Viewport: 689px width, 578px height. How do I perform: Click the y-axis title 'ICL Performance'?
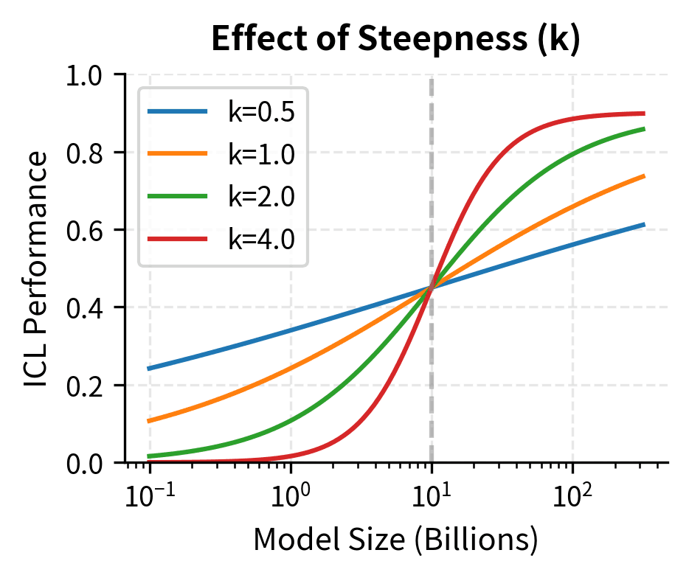point(37,269)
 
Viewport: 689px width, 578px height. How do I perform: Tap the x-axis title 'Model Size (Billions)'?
point(396,542)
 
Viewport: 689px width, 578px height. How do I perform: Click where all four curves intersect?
point(432,288)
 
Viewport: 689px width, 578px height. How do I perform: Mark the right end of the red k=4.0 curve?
point(644,114)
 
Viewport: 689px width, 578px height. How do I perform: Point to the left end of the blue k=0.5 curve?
point(150,369)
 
